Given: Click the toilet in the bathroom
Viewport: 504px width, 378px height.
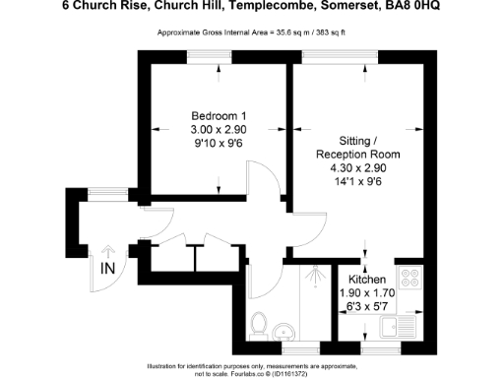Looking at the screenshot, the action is [x=260, y=322].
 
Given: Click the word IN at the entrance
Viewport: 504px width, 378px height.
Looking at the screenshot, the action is [x=107, y=266].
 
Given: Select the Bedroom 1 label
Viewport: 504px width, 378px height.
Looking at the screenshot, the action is [x=218, y=116].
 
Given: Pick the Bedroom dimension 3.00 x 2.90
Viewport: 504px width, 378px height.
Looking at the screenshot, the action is [x=218, y=130].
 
